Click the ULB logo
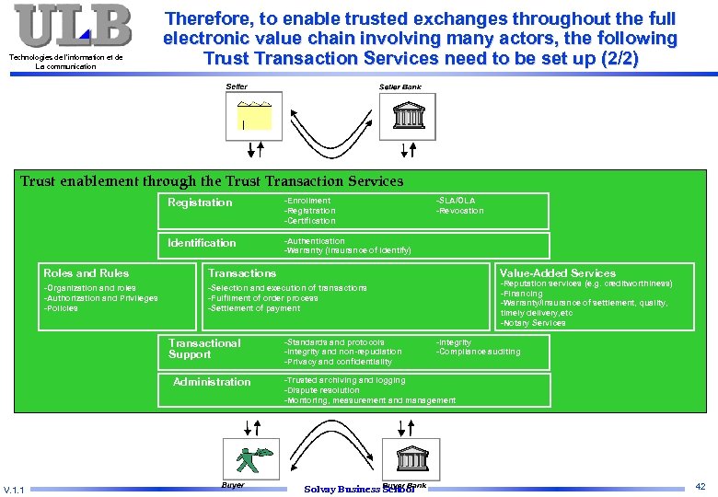pos(73,26)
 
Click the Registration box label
pos(200,202)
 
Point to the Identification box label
pos(202,243)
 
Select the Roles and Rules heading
pos(87,273)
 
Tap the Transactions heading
pos(242,273)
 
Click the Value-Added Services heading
pos(557,273)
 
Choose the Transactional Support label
pos(203,349)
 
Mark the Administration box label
pos(212,382)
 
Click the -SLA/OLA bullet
pos(456,201)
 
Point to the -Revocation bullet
pos(459,211)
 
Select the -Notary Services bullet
pos(533,323)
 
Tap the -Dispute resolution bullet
pos(321,390)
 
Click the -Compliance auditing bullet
pos(478,352)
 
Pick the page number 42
pos(701,485)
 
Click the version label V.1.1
pos(15,489)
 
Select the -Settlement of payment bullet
pos(254,308)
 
